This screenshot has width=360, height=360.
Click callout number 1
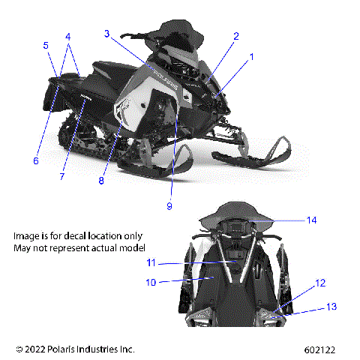(x=252, y=56)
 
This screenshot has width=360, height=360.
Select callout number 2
(x=235, y=36)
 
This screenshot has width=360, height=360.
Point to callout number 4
(x=68, y=36)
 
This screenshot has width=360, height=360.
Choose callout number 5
(x=46, y=45)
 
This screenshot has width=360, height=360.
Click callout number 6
(x=35, y=160)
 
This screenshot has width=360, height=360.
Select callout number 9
(x=169, y=205)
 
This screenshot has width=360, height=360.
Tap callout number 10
(x=151, y=283)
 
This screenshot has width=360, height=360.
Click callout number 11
(x=151, y=262)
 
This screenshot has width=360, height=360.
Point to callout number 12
(x=320, y=283)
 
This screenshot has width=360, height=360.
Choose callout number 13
(x=331, y=307)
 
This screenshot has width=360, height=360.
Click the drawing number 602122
(x=320, y=349)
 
